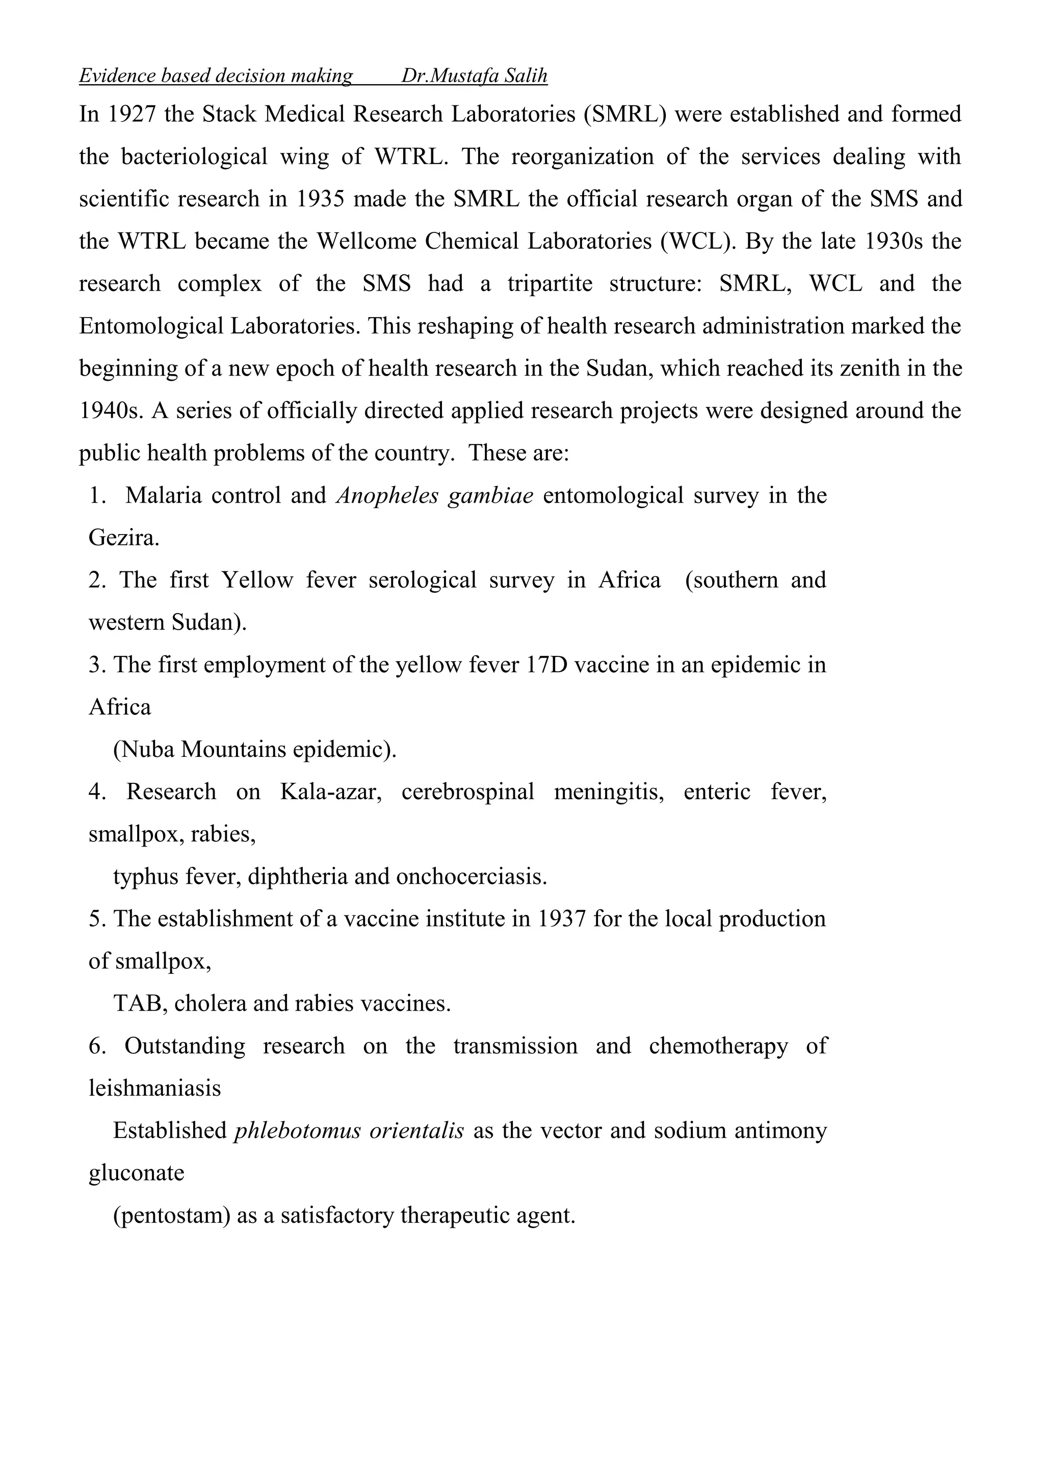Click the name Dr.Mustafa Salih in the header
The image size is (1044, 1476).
pos(475,76)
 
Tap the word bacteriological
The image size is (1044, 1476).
pos(194,157)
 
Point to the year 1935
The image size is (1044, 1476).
pos(320,199)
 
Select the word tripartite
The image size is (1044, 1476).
pos(550,284)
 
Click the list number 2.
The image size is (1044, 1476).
pos(96,581)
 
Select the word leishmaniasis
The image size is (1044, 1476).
pos(155,1088)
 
